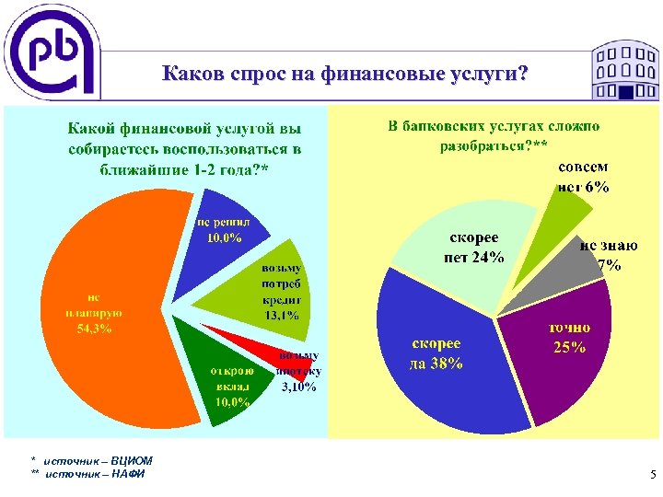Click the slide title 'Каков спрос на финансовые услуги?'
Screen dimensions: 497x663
344,73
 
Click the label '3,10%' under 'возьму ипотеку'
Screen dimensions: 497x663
298,387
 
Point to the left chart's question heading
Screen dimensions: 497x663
184,147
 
